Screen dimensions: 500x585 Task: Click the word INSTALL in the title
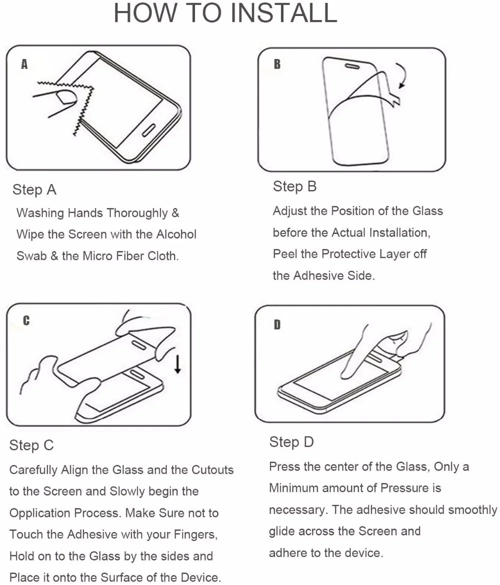pyautogui.click(x=284, y=12)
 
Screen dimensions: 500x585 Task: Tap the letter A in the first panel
pyautogui.click(x=24, y=64)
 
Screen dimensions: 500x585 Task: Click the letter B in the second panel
pyautogui.click(x=277, y=64)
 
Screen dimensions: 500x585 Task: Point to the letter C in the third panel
pyautogui.click(x=26, y=320)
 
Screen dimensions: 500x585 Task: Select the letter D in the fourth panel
pyautogui.click(x=277, y=324)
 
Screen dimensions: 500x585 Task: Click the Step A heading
pyautogui.click(x=34, y=189)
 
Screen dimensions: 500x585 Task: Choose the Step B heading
pyautogui.click(x=295, y=186)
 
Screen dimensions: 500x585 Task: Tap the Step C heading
pyautogui.click(x=31, y=445)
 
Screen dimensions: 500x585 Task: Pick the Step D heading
pyautogui.click(x=291, y=442)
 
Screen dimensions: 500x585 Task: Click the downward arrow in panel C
pyautogui.click(x=177, y=364)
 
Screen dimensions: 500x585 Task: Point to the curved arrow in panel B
pyautogui.click(x=402, y=75)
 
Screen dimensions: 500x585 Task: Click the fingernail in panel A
pyautogui.click(x=66, y=97)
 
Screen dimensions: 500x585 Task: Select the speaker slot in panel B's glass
pyautogui.click(x=352, y=66)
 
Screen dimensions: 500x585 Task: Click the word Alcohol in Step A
pyautogui.click(x=176, y=234)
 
